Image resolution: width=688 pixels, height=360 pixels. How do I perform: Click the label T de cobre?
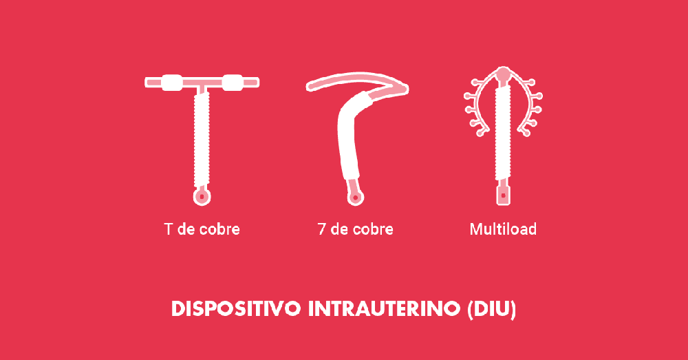202,229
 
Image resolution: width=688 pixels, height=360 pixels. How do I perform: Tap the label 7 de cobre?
355,229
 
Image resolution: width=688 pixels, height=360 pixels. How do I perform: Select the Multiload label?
503,229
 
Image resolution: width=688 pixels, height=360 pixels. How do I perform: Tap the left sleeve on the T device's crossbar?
172,82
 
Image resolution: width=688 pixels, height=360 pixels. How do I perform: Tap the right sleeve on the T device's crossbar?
233,82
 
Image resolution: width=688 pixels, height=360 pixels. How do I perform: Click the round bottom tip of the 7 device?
355,198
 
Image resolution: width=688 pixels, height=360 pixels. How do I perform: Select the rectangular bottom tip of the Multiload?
504,195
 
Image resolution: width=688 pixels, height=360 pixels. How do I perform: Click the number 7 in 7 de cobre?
322,229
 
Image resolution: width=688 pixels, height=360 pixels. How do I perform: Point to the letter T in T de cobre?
168,229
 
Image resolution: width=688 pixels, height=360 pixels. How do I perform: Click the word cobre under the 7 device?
373,229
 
